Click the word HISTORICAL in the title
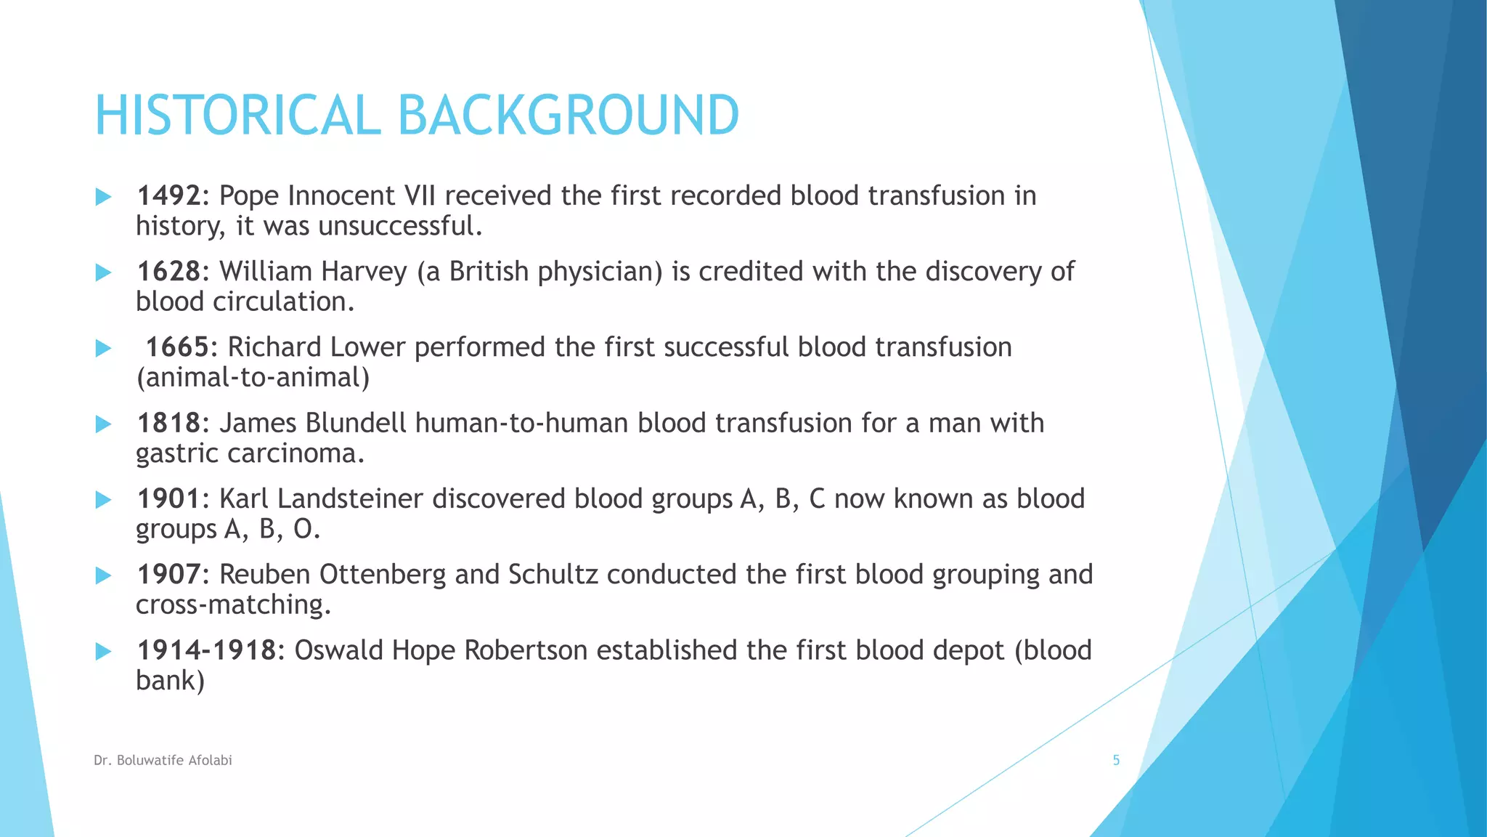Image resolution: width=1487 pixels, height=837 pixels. pyautogui.click(x=237, y=116)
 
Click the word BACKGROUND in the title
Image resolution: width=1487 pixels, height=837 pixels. pyautogui.click(x=568, y=116)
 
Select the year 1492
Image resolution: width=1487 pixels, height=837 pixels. pyautogui.click(x=168, y=196)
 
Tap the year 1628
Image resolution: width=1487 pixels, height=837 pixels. pyautogui.click(x=168, y=272)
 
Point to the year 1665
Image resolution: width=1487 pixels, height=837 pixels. pyautogui.click(x=177, y=347)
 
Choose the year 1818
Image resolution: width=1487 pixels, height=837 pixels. pyautogui.click(x=168, y=423)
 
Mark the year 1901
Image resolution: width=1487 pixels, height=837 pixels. pyautogui.click(x=168, y=499)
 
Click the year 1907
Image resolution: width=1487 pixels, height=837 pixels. pyautogui.click(x=168, y=575)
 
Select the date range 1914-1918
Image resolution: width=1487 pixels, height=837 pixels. pyautogui.click(x=207, y=650)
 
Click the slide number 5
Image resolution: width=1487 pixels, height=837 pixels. pyautogui.click(x=1116, y=761)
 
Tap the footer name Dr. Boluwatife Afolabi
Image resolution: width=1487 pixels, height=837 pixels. pyautogui.click(x=163, y=761)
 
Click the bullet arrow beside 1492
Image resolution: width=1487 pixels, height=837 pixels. pyautogui.click(x=104, y=197)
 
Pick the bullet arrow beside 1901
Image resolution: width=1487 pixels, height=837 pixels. pyautogui.click(x=104, y=500)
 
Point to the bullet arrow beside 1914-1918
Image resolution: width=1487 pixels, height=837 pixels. pyautogui.click(x=104, y=651)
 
